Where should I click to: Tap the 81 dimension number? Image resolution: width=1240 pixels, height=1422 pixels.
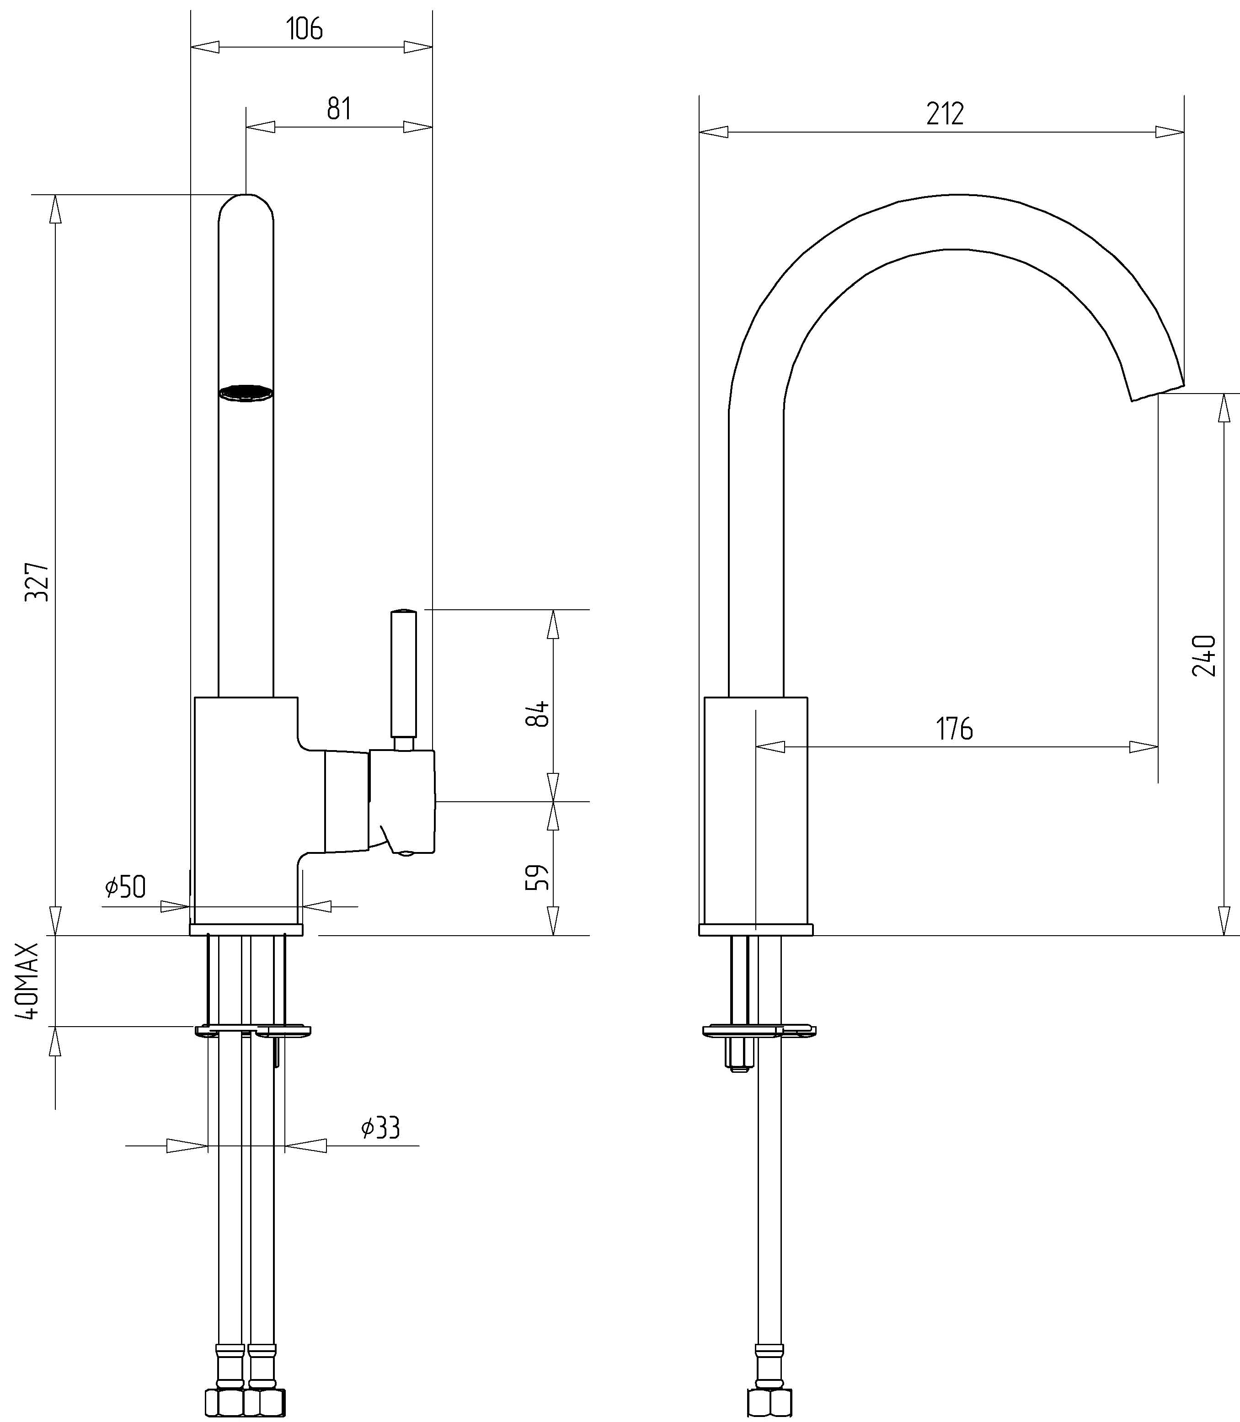[339, 109]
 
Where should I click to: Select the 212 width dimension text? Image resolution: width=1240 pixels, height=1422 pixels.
[945, 113]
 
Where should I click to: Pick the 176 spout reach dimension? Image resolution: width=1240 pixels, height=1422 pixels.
[955, 729]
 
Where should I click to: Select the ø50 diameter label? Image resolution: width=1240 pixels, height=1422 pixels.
[126, 887]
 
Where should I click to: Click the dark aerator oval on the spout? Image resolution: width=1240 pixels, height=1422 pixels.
[246, 393]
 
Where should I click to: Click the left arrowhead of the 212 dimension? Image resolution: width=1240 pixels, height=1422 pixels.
[713, 131]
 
